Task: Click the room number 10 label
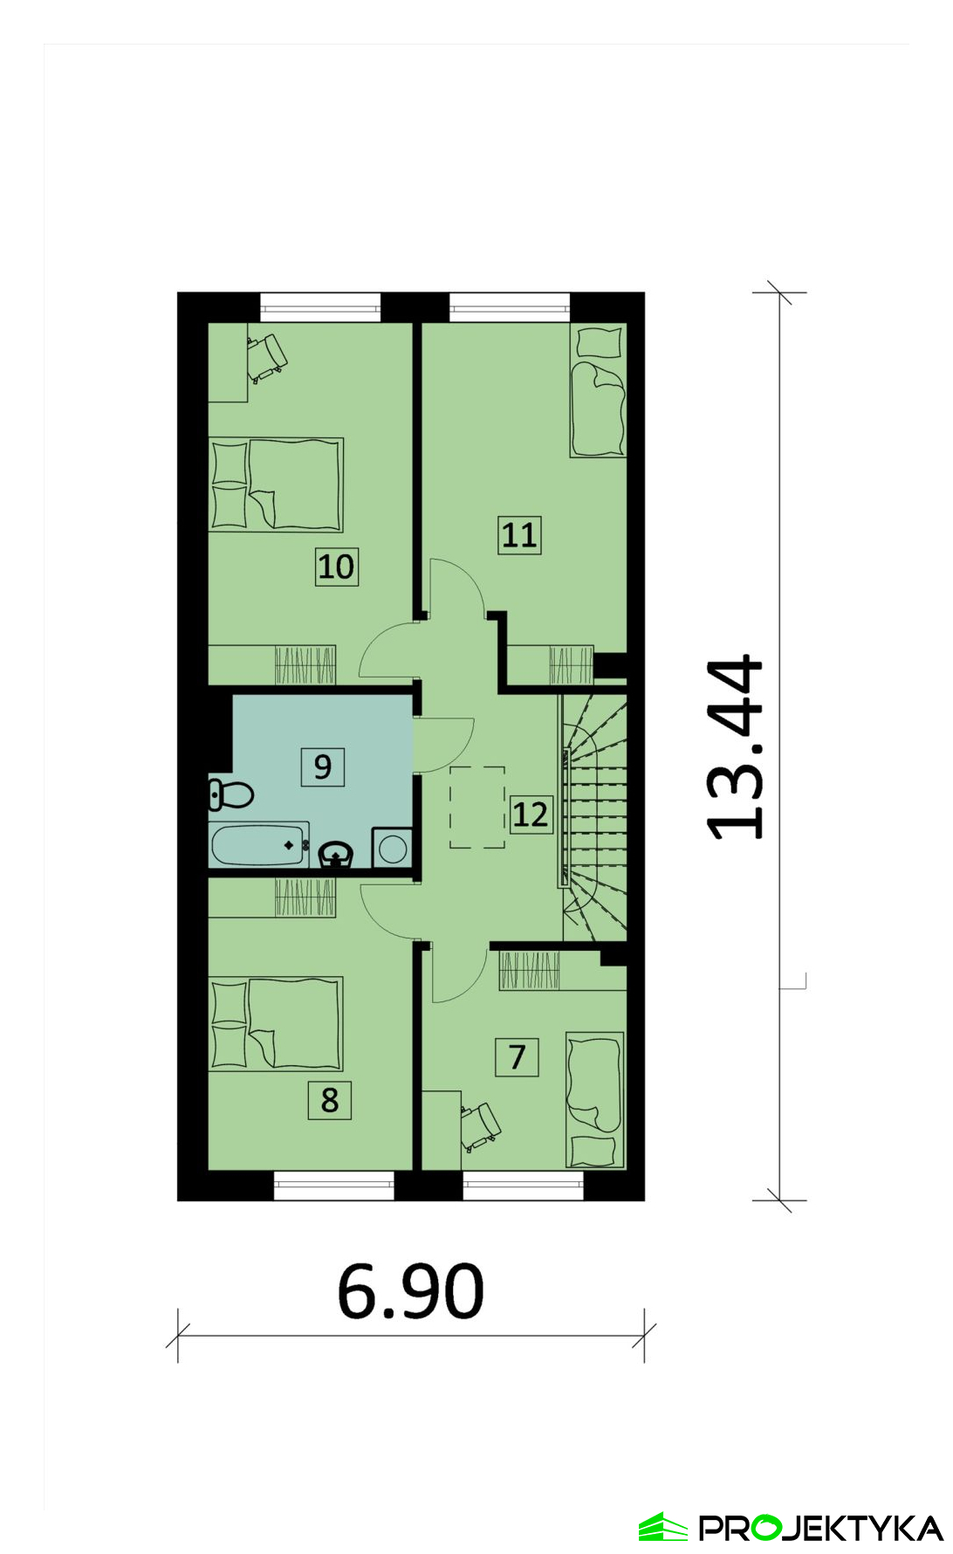[x=336, y=567]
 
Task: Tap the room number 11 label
[x=519, y=534]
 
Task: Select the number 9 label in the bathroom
[x=322, y=767]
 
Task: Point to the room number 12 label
[x=531, y=814]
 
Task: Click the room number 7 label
[x=517, y=1056]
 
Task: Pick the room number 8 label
[x=329, y=1099]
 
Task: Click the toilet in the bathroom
[x=230, y=794]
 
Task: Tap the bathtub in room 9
[x=259, y=844]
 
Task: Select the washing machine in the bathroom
[x=392, y=848]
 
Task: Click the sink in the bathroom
[x=336, y=854]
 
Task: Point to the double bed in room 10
[x=276, y=485]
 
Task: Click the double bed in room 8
[x=276, y=1023]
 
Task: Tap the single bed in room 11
[x=598, y=390]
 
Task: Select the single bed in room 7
[x=595, y=1100]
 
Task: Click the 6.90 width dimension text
[x=410, y=1291]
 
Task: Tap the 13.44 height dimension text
[x=735, y=747]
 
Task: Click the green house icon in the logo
[x=663, y=1527]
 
